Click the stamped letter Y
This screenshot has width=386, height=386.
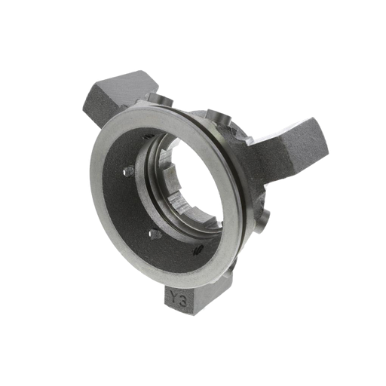pyautogui.click(x=176, y=296)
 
